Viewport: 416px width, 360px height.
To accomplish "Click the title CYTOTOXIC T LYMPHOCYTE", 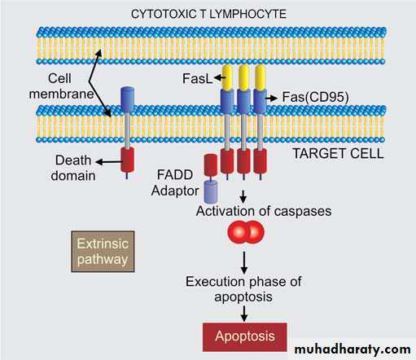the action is tap(208, 14).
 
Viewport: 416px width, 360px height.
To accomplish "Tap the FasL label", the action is tap(197, 79).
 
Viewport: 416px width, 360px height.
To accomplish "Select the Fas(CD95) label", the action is tap(315, 97).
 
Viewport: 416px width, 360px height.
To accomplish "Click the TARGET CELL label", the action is tap(338, 154).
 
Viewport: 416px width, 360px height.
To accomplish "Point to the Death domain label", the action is tap(73, 168).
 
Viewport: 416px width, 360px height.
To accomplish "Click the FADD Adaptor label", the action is tap(175, 182).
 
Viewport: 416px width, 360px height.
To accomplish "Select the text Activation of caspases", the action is tap(264, 211).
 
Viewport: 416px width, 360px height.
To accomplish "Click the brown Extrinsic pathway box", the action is tap(103, 252).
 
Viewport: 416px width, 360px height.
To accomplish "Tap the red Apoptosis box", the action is tap(244, 337).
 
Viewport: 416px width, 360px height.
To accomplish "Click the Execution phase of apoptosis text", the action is tap(243, 289).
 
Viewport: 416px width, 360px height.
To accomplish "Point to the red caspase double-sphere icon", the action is tap(246, 232).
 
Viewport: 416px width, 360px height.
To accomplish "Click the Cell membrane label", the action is tap(61, 86).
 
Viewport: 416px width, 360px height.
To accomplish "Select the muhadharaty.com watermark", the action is tap(353, 349).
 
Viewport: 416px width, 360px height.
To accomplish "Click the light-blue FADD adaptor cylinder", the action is tap(211, 191).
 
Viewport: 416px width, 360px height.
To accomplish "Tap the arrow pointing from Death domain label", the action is tap(109, 162).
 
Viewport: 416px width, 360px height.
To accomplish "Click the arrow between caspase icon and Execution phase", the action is tap(244, 263).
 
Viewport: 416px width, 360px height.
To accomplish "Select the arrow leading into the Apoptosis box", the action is tap(244, 314).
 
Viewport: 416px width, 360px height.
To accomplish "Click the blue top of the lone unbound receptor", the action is tap(127, 99).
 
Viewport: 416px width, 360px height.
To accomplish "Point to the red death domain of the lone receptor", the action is tap(127, 160).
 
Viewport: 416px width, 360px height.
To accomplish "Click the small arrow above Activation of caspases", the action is tap(243, 196).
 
